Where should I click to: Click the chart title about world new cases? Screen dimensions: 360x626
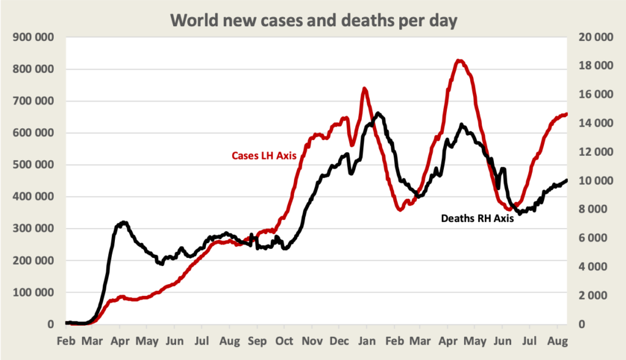[x=313, y=20]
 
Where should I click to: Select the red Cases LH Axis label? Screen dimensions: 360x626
[x=263, y=156]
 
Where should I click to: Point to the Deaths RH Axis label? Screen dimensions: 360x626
[x=477, y=218]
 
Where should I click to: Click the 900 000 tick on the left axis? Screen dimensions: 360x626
[x=32, y=37]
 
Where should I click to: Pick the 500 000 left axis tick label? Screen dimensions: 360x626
[x=32, y=165]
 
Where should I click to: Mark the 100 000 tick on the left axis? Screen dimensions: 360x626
[x=32, y=293]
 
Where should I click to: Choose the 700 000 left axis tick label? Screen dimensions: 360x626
[x=32, y=101]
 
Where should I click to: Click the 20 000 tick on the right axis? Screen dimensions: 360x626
[x=594, y=37]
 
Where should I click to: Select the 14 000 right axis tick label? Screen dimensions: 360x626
[x=594, y=123]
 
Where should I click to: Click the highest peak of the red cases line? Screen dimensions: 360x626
[x=459, y=61]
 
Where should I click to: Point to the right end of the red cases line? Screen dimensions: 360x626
[x=567, y=114]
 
